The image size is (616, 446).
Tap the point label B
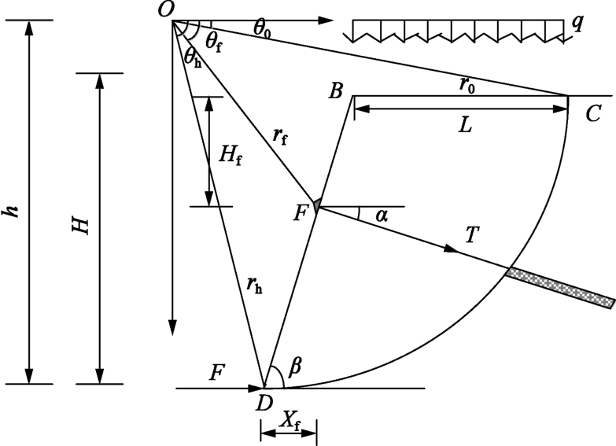click(x=336, y=91)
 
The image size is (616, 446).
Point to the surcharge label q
click(x=577, y=20)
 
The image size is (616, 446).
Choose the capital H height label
click(x=81, y=226)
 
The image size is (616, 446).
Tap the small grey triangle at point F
click(x=315, y=205)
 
